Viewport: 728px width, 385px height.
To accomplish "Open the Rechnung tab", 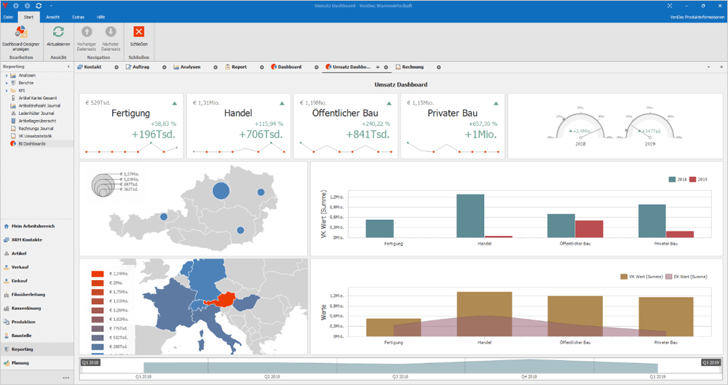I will coord(412,67).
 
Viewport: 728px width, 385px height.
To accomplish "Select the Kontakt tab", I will coord(92,67).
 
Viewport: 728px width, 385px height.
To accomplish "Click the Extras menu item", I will coord(78,16).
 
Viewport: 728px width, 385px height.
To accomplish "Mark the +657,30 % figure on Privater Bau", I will coord(483,124).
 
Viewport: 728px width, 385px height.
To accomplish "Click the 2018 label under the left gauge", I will coord(580,144).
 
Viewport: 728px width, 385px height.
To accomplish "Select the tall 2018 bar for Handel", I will coord(470,215).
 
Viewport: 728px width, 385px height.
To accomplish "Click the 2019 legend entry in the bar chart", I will coord(698,179).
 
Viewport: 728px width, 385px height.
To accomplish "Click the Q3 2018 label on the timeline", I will coord(400,377).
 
